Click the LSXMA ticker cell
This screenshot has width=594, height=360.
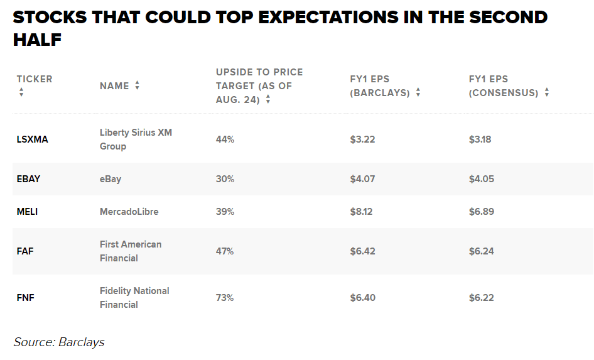(32, 139)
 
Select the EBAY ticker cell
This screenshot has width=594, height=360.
(28, 179)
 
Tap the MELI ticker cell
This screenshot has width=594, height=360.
(27, 212)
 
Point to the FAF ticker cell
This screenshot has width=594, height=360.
(25, 251)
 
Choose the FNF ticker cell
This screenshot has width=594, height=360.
(25, 298)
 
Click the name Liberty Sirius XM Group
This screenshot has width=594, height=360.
(136, 139)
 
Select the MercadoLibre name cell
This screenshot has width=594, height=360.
(129, 212)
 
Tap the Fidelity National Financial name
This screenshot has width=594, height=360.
(134, 298)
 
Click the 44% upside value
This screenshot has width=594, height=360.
(225, 139)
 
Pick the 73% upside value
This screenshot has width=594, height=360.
(225, 298)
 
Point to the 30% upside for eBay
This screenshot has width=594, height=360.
(225, 179)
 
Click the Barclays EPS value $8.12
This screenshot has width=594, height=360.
(361, 212)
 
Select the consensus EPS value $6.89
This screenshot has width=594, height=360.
(481, 212)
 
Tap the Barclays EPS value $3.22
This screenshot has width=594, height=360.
(362, 139)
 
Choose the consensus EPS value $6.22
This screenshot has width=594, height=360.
(481, 298)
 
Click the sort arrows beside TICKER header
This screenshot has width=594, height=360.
(21, 92)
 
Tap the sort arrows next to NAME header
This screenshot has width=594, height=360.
(137, 86)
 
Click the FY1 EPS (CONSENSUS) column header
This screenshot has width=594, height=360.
(504, 86)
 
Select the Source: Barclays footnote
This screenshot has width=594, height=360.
(59, 342)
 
